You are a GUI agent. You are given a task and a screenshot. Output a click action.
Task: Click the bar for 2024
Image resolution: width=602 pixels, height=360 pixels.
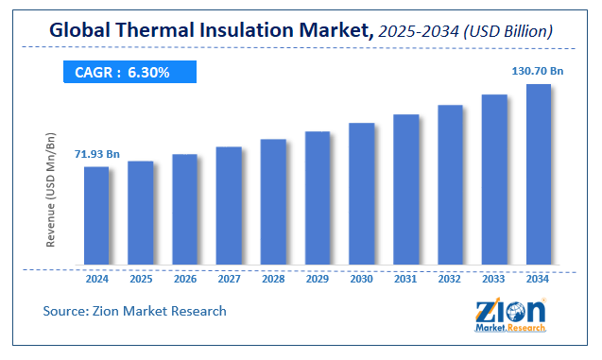[x=96, y=216]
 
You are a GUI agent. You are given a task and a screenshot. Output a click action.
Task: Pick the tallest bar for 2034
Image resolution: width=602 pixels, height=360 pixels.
[x=539, y=175]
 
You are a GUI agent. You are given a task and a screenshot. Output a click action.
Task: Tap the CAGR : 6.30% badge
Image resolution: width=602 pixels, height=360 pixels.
[x=129, y=73]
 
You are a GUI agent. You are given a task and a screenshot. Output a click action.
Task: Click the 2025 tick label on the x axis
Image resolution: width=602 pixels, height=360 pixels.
[x=141, y=280]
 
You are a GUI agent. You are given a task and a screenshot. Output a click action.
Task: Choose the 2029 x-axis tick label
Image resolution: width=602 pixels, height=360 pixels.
[x=318, y=280]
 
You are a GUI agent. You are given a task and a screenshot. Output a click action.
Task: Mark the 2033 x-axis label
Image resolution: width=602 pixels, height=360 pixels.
[x=494, y=280]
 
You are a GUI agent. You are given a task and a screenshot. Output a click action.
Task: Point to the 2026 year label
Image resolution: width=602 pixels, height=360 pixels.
[x=185, y=280]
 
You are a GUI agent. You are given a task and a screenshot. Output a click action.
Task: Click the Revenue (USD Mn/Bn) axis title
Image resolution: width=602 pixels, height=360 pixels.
[x=51, y=188]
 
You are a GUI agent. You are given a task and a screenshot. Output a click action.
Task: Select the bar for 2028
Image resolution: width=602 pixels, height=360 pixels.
[x=273, y=202]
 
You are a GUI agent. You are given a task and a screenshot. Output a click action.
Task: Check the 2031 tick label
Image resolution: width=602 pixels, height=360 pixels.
[x=406, y=280]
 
